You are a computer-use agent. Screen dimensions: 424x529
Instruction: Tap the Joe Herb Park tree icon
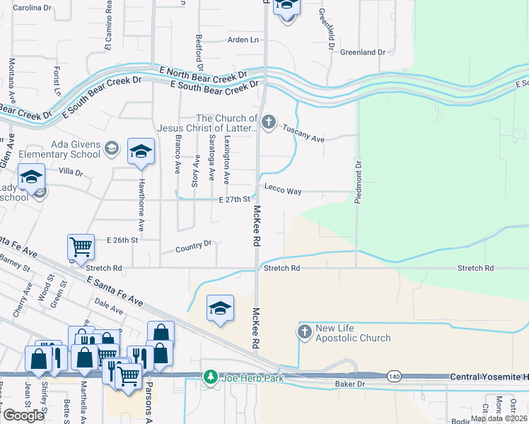click(x=210, y=377)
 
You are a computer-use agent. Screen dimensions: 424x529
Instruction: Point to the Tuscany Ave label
click(x=303, y=134)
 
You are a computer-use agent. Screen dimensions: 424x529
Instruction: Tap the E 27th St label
click(x=235, y=200)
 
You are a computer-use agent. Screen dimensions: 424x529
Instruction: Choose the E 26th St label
click(x=121, y=241)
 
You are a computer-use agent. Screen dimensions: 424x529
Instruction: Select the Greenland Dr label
click(x=362, y=52)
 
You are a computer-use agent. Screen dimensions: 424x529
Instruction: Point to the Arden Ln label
click(x=243, y=40)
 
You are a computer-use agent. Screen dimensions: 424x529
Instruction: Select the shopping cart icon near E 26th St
click(x=81, y=247)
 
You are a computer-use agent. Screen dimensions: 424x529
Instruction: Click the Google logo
click(x=23, y=416)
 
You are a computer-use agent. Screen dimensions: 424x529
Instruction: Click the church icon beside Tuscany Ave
click(x=268, y=123)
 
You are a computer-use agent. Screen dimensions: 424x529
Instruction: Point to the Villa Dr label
click(x=71, y=172)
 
